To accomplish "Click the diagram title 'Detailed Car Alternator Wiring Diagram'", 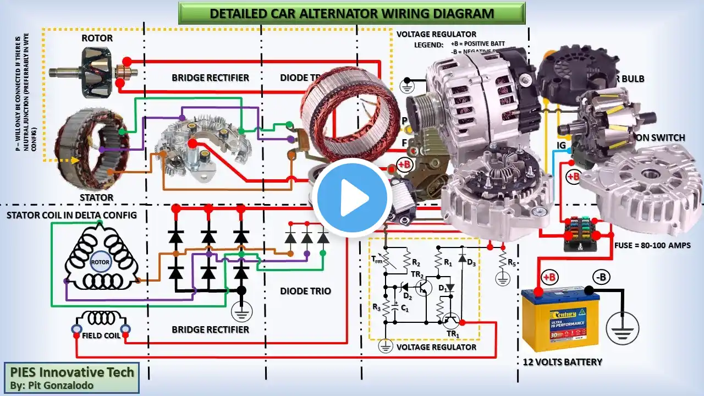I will (x=352, y=13).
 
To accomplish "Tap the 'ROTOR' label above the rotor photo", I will (x=97, y=38).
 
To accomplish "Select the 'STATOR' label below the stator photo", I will (x=97, y=197).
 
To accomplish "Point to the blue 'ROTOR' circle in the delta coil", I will (x=100, y=262).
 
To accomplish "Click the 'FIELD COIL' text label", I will (x=101, y=335).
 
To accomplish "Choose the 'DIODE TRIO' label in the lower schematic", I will (x=305, y=290).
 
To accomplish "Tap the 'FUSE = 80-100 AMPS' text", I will (x=652, y=245).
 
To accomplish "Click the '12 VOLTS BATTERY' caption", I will (x=562, y=362).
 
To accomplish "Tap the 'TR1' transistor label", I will (x=452, y=334).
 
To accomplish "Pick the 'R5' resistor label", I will (x=512, y=262).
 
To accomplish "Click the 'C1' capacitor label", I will (x=404, y=309).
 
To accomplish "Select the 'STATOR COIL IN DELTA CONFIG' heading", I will (x=71, y=215).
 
